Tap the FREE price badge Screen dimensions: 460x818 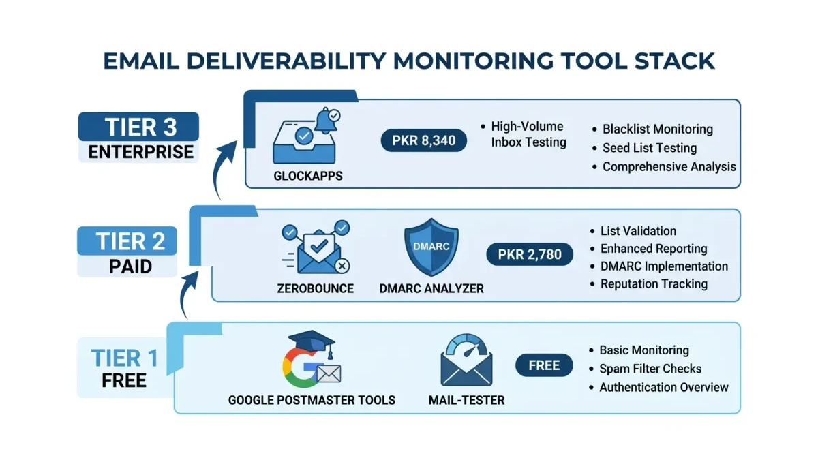coord(543,365)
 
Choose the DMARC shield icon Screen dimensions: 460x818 coord(431,247)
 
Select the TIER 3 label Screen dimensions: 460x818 coord(139,127)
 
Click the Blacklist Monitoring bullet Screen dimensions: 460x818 coord(657,129)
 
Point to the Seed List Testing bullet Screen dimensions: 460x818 coord(649,148)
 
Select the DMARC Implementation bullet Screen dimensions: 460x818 coord(664,266)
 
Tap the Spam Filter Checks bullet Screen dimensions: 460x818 coord(650,369)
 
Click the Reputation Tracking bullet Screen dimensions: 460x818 coord(654,284)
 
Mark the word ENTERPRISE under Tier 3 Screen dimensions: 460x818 coord(139,151)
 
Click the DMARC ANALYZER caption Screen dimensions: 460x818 coord(431,289)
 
